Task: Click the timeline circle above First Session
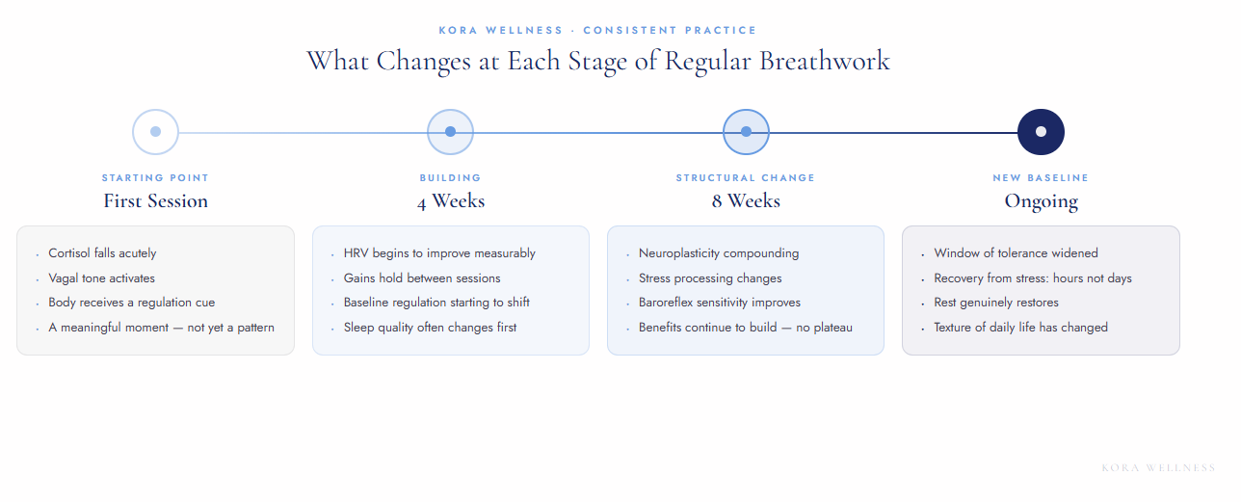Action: click(x=155, y=132)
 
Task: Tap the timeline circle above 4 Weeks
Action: click(x=450, y=132)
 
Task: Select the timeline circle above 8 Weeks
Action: click(x=746, y=132)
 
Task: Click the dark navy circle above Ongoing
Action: click(x=1041, y=132)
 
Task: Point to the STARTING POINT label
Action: click(x=155, y=178)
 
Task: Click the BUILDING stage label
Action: click(x=450, y=178)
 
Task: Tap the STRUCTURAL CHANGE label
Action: click(x=746, y=178)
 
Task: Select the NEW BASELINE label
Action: click(x=1041, y=178)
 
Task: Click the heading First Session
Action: click(x=155, y=201)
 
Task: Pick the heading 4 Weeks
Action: click(x=450, y=201)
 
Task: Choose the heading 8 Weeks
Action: click(x=746, y=201)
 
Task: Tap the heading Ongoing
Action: click(x=1041, y=201)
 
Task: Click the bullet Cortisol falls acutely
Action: click(x=102, y=253)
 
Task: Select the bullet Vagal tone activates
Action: click(x=101, y=278)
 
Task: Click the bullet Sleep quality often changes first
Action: click(x=430, y=328)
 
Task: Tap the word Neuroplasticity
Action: click(x=678, y=253)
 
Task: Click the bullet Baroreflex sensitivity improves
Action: click(x=719, y=303)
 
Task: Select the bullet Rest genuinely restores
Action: click(x=996, y=303)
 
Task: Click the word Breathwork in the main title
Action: click(x=825, y=61)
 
